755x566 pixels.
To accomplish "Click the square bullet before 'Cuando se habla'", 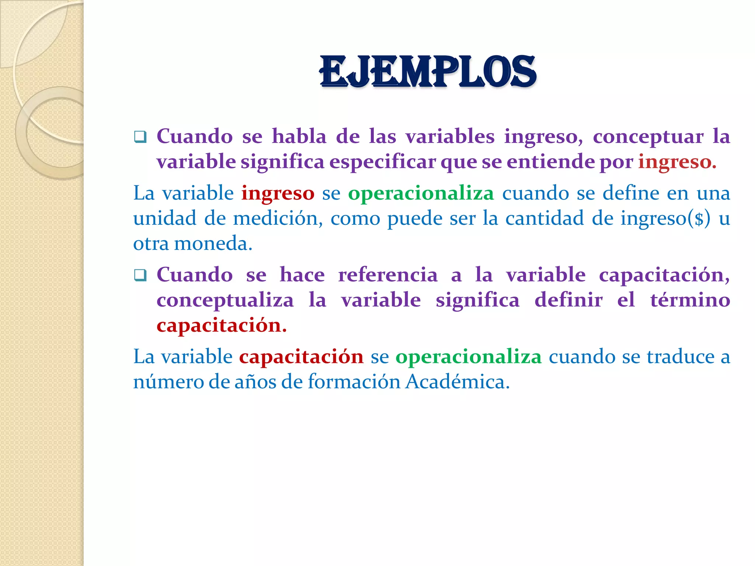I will tap(140, 137).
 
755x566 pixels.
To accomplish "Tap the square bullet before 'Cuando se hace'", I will tap(140, 275).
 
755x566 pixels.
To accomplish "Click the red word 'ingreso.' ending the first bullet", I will tap(677, 162).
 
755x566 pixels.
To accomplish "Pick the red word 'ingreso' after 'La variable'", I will tap(278, 193).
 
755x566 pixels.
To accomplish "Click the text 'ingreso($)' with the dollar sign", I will tap(665, 219).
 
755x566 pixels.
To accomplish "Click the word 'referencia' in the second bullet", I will tap(388, 275).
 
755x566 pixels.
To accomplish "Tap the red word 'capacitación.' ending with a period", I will tap(222, 326).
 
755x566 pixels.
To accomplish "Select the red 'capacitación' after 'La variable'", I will tap(301, 357).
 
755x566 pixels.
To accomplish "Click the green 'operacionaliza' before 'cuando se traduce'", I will tap(468, 357).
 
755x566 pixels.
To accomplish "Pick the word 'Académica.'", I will tap(457, 382).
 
